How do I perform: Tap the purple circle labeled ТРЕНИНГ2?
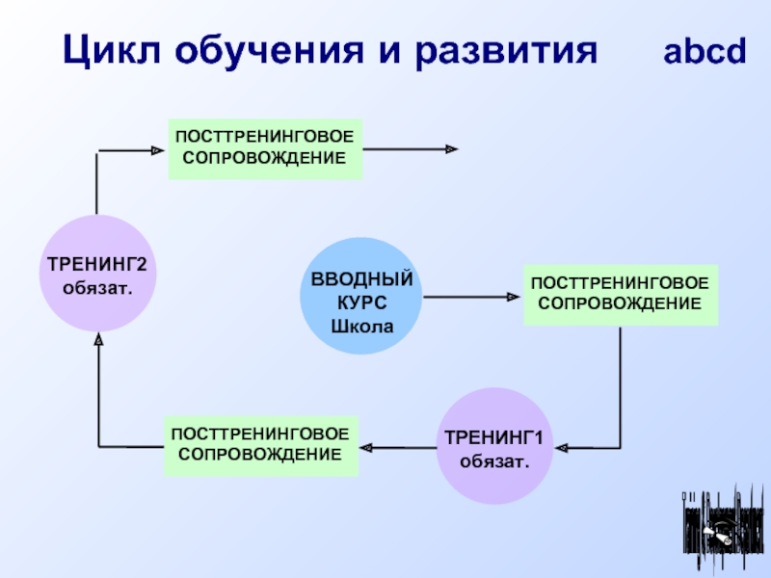coord(96,275)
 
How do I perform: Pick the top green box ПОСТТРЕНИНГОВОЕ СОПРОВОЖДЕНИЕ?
coord(265,148)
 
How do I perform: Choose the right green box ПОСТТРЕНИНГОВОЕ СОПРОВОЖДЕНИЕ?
coord(620,295)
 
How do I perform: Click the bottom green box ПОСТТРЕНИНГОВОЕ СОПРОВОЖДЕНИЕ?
coord(260,446)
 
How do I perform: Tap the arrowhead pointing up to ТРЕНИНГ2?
coord(97,341)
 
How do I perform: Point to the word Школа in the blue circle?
coord(362,326)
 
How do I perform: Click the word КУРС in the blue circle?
coord(362,302)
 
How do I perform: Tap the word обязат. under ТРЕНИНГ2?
coord(96,287)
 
